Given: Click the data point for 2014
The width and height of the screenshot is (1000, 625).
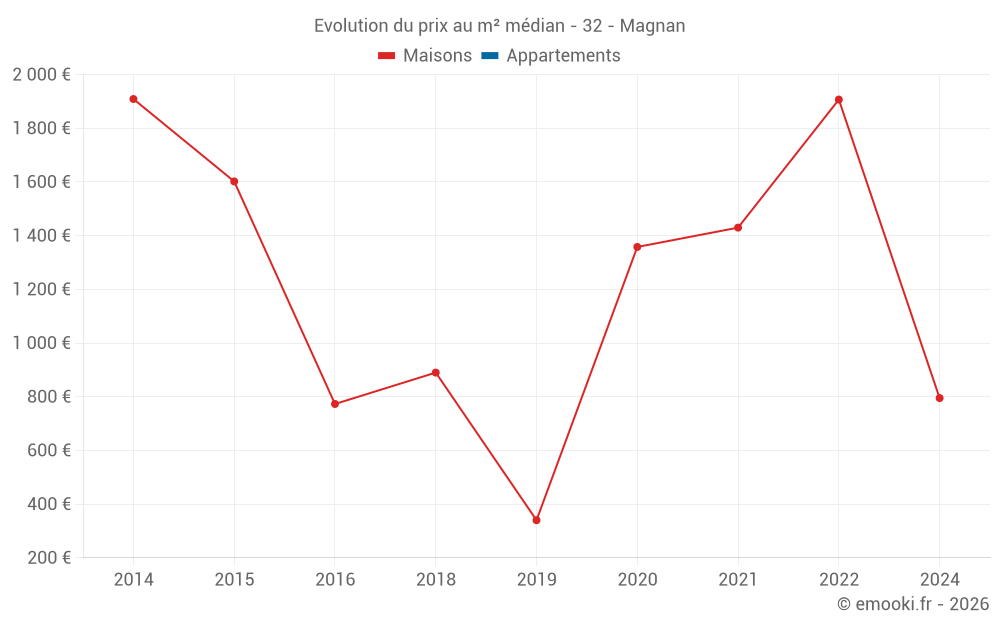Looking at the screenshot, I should (133, 99).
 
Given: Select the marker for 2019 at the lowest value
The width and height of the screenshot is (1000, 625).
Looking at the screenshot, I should (536, 520).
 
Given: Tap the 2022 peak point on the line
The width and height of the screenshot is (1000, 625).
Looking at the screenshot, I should (839, 100).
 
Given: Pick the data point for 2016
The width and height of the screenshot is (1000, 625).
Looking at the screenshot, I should (335, 404).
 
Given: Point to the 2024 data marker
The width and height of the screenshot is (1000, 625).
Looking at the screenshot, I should (939, 398).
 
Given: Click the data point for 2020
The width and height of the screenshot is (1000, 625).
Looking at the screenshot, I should (637, 247).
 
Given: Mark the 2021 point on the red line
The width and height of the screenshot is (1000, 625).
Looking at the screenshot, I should (738, 228).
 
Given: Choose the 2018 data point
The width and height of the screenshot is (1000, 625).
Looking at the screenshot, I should (435, 373).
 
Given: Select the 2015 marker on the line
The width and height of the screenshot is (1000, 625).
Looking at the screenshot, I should (234, 182).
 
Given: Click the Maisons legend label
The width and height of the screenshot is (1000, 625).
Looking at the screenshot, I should (437, 56).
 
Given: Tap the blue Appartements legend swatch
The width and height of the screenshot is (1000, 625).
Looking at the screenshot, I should (490, 56).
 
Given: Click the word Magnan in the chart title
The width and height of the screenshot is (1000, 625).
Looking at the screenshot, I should (652, 26).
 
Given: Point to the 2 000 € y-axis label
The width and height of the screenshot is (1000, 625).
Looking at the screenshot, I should (41, 74).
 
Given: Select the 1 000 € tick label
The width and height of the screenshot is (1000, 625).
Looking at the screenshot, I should (41, 343).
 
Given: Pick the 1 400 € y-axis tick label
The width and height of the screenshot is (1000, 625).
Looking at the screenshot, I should (41, 236).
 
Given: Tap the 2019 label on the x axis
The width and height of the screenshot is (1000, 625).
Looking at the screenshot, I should (536, 580).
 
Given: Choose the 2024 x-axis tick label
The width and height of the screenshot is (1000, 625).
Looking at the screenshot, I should (939, 580).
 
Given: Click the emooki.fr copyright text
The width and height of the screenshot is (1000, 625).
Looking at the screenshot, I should (913, 604).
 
